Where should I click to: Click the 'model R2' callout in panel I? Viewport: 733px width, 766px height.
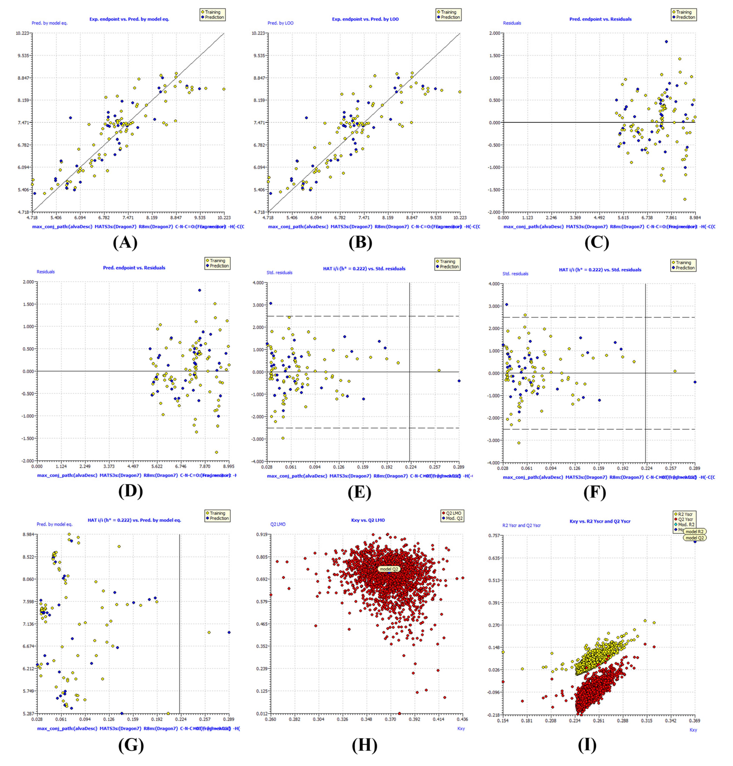694,531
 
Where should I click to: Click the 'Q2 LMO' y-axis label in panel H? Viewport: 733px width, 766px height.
278,524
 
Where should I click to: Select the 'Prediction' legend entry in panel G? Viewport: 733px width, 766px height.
219,518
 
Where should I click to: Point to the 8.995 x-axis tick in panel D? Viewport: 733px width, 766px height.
229,466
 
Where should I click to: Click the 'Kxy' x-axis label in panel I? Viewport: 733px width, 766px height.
693,730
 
